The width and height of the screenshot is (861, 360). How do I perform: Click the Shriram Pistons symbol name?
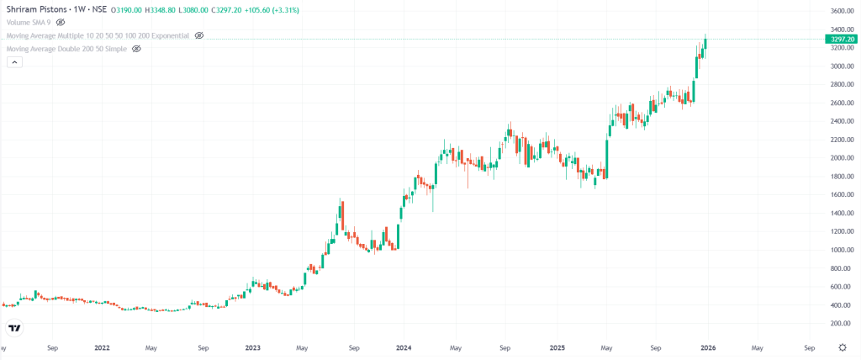39,10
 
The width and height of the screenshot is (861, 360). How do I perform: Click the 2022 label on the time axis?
102,347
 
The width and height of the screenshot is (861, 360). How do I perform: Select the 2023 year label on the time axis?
252,347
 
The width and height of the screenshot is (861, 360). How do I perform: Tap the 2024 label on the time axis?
404,347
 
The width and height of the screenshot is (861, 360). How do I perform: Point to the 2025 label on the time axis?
555,347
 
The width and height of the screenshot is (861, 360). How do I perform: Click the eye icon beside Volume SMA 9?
61,23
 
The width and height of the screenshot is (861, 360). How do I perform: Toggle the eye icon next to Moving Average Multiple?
199,36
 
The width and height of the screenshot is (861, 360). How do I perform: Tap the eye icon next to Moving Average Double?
136,49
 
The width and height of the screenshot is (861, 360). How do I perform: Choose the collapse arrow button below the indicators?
13,64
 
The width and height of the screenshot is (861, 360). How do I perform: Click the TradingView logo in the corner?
14,327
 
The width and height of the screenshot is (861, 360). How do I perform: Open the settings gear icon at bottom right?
843,347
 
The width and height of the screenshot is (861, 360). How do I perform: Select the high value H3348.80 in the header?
161,10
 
